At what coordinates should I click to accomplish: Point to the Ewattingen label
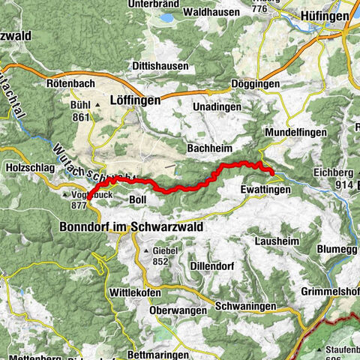coord(265,190)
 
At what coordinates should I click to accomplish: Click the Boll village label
coord(137,200)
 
